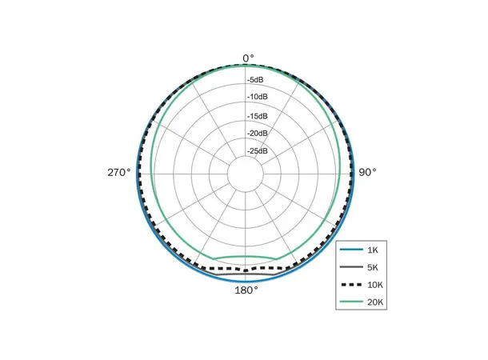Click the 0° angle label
(248, 58)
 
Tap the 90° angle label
(367, 172)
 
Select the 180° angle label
(246, 290)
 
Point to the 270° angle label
(119, 172)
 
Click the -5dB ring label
(255, 80)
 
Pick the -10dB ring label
(258, 97)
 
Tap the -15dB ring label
(258, 116)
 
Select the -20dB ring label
(258, 134)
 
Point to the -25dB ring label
(258, 151)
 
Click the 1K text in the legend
(373, 250)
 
